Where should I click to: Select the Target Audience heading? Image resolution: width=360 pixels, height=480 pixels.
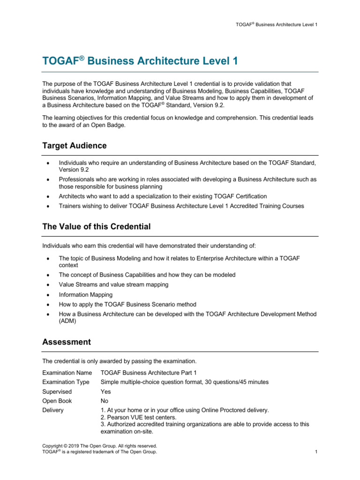[x=74, y=146]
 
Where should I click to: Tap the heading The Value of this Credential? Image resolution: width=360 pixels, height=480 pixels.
[x=96, y=227]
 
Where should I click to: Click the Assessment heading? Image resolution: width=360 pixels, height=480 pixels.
[x=66, y=342]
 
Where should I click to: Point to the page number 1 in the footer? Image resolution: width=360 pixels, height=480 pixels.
[x=317, y=452]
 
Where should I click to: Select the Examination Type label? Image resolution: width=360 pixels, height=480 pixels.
[x=66, y=382]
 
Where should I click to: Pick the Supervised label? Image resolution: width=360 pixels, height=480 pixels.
[x=57, y=391]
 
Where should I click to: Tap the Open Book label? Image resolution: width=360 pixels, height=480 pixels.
[x=57, y=401]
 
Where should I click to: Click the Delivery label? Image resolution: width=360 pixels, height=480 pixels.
[x=53, y=410]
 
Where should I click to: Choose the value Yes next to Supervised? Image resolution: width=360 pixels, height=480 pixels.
[x=105, y=391]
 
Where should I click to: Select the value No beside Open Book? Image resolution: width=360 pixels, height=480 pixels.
[x=105, y=401]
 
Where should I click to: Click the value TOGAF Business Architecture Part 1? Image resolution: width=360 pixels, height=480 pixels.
[x=149, y=373]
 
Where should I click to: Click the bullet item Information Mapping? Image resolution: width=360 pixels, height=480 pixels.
[x=85, y=295]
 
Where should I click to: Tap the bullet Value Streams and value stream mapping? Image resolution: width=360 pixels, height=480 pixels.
[x=113, y=285]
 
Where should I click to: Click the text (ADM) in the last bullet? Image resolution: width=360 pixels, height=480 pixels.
[x=67, y=321]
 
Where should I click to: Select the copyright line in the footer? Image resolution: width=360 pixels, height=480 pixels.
[x=99, y=446]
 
